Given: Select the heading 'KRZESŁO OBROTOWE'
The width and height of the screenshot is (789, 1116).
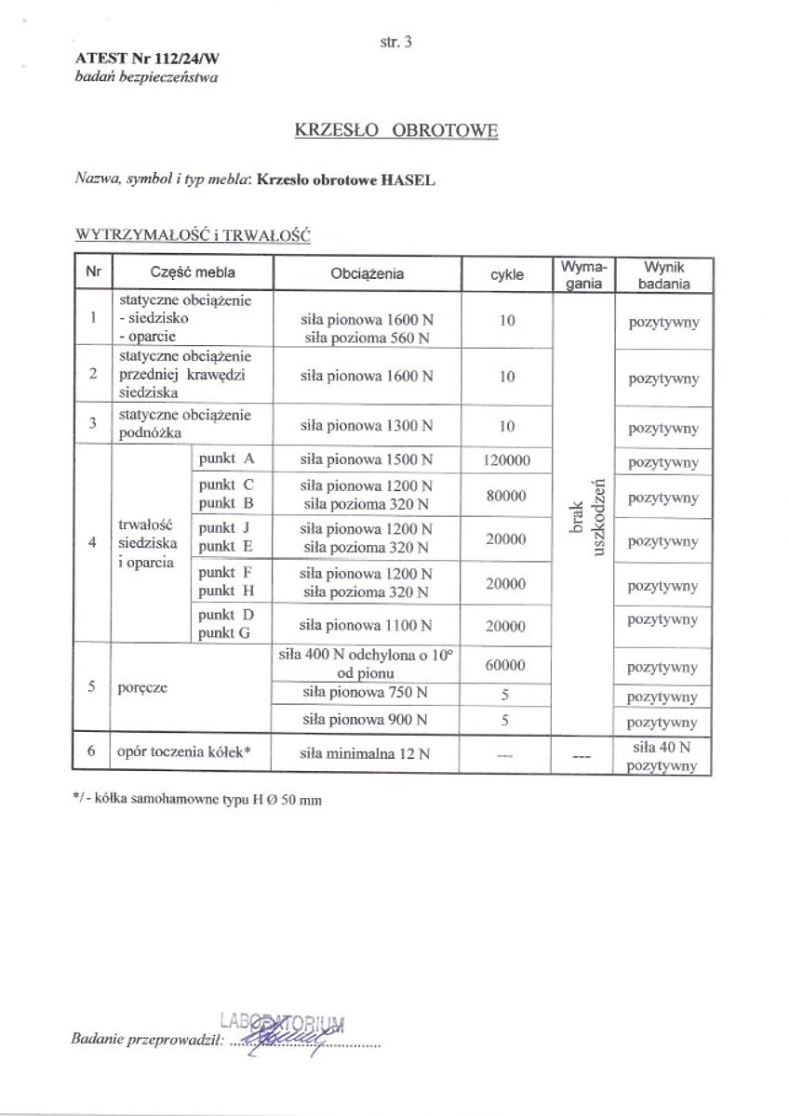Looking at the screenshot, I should pyautogui.click(x=395, y=130).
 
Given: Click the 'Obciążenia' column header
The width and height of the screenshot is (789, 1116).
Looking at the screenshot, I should pyautogui.click(x=367, y=274).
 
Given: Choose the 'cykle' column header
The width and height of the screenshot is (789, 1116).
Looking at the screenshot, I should pyautogui.click(x=507, y=274).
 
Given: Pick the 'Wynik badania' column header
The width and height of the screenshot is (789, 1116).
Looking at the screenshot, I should pyautogui.click(x=663, y=274).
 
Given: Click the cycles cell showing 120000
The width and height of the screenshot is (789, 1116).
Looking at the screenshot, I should pyautogui.click(x=507, y=460).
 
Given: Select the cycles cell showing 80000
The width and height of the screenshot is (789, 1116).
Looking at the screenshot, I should pyautogui.click(x=507, y=496).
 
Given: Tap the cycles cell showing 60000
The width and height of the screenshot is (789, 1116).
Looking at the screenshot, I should pyautogui.click(x=507, y=665).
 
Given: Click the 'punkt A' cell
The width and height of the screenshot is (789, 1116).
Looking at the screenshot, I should pyautogui.click(x=226, y=459).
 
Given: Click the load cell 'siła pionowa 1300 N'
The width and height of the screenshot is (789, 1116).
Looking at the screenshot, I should pyautogui.click(x=367, y=426).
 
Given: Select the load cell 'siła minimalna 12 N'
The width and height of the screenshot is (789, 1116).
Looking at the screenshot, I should pyautogui.click(x=367, y=754).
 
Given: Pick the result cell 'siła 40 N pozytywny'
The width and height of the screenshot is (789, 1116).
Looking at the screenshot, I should pyautogui.click(x=662, y=756).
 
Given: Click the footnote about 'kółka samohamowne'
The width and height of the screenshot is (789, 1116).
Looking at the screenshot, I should pyautogui.click(x=196, y=800).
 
